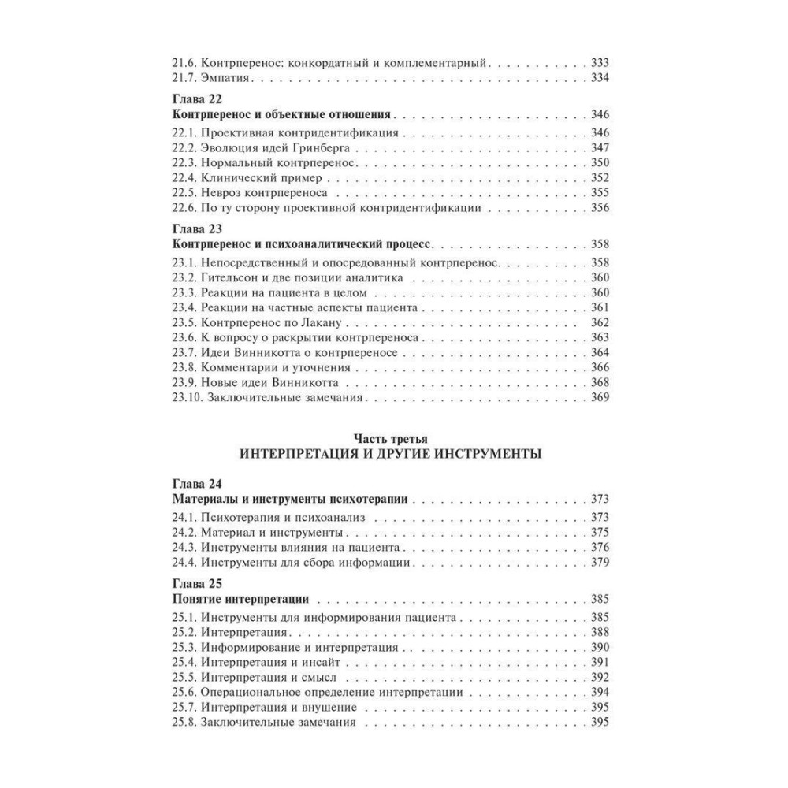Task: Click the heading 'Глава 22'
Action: (x=198, y=100)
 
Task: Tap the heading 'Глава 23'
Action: (x=198, y=231)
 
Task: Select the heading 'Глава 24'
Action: (x=198, y=484)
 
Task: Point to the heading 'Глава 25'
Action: (x=198, y=584)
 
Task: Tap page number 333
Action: (x=601, y=62)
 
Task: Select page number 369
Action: (x=601, y=398)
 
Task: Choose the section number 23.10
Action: (x=186, y=398)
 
